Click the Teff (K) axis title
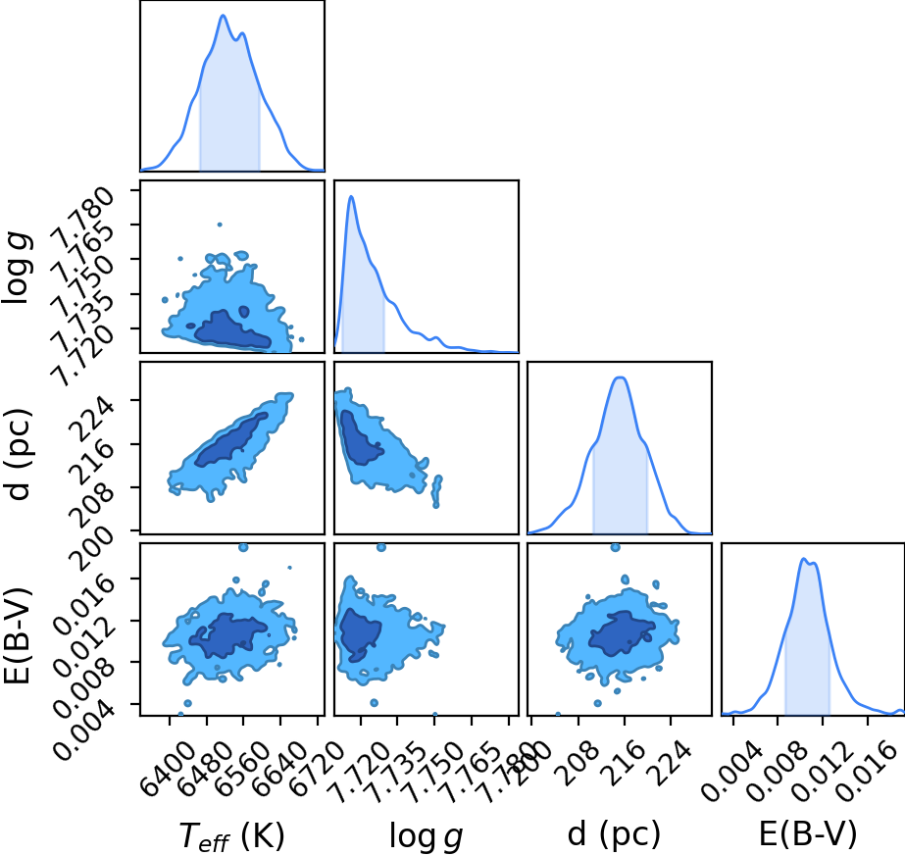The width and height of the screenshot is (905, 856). click(x=231, y=835)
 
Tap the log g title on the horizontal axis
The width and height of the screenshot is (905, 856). click(x=426, y=835)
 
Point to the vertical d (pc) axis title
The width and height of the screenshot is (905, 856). click(x=18, y=454)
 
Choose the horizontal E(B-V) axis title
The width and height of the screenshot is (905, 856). click(x=808, y=833)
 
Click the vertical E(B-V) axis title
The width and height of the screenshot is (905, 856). click(x=17, y=636)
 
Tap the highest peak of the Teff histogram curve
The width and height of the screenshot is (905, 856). click(x=224, y=15)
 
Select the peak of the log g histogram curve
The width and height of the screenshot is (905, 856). click(x=350, y=196)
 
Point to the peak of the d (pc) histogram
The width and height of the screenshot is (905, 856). click(x=620, y=378)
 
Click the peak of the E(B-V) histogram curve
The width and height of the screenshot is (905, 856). click(x=803, y=558)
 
